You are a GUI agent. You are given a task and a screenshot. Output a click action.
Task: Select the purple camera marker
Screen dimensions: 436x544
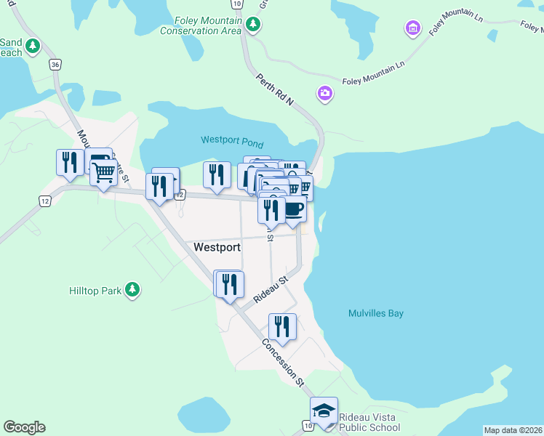(x=324, y=93)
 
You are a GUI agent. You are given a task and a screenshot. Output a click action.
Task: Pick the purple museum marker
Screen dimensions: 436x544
(x=412, y=29)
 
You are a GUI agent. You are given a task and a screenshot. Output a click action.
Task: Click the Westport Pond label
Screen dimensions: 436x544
(x=232, y=141)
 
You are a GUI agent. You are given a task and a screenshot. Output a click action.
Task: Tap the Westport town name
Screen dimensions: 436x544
(x=217, y=247)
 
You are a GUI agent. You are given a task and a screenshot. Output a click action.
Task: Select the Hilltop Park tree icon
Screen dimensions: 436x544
(x=132, y=290)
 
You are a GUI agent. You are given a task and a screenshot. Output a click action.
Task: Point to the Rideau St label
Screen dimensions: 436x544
(x=271, y=289)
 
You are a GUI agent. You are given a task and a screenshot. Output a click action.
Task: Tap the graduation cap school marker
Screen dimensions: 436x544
(x=324, y=411)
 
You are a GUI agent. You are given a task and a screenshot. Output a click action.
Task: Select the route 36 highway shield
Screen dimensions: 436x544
(x=55, y=65)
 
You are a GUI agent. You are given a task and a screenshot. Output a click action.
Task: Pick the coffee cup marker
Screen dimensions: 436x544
(x=294, y=209)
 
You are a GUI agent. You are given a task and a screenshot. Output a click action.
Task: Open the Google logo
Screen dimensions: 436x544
(x=24, y=427)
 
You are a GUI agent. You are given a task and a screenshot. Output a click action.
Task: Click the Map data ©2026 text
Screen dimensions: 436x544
(x=513, y=430)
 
